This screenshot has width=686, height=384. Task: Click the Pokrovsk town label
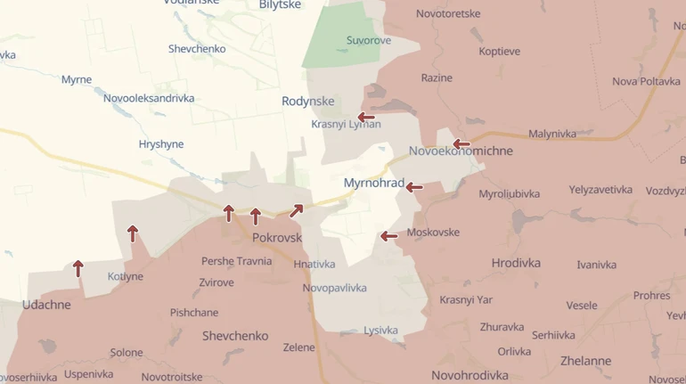277,238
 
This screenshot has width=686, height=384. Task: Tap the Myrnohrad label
373,184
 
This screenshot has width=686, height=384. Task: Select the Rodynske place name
308,102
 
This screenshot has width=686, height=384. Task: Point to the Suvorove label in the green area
370,40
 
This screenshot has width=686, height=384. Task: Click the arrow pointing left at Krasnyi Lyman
366,117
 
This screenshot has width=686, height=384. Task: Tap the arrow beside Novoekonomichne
461,143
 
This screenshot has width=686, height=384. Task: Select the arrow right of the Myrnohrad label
414,187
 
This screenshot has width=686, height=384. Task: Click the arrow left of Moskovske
388,236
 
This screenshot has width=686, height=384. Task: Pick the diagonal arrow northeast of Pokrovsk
296,211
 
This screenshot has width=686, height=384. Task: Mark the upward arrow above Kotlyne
133,233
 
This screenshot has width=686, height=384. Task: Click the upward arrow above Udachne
78,267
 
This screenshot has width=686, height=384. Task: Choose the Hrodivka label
516,263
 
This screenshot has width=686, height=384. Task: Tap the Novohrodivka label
470,375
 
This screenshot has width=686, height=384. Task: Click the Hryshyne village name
161,143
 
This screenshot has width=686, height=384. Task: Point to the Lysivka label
380,331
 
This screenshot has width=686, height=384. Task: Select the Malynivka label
552,134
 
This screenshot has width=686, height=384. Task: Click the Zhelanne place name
585,361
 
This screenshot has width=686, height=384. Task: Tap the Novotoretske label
448,14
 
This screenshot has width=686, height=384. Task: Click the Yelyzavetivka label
600,190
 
